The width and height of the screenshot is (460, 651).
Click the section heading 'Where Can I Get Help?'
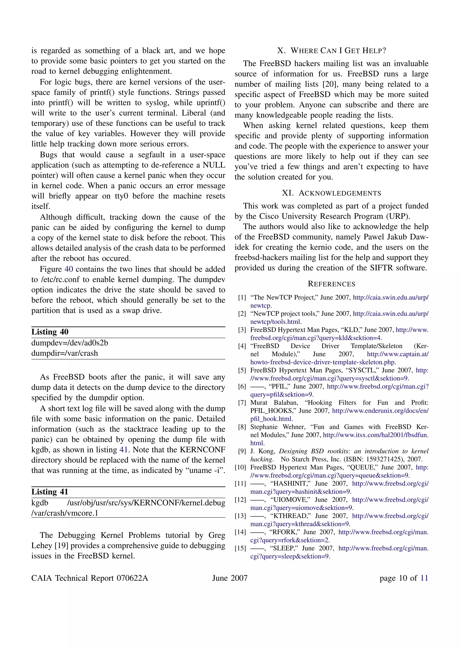click(x=331, y=51)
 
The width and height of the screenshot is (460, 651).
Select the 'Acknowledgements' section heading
click(x=331, y=193)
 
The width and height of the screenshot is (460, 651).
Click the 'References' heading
click(x=331, y=284)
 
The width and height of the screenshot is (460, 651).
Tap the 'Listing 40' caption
click(x=50, y=332)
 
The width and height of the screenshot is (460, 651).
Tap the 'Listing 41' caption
click(x=50, y=492)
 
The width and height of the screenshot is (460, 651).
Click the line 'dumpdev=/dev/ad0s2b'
click(x=70, y=343)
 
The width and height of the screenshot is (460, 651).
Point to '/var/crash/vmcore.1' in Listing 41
click(x=65, y=513)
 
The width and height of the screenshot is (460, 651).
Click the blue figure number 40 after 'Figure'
click(x=69, y=269)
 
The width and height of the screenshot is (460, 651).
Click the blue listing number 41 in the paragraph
click(x=124, y=450)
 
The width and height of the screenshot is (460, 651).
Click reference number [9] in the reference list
click(x=242, y=451)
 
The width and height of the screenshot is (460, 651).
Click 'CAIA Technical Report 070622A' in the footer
click(x=90, y=578)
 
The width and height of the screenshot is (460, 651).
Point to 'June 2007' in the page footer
click(x=230, y=578)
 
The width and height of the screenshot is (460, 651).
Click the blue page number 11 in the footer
click(x=424, y=578)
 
